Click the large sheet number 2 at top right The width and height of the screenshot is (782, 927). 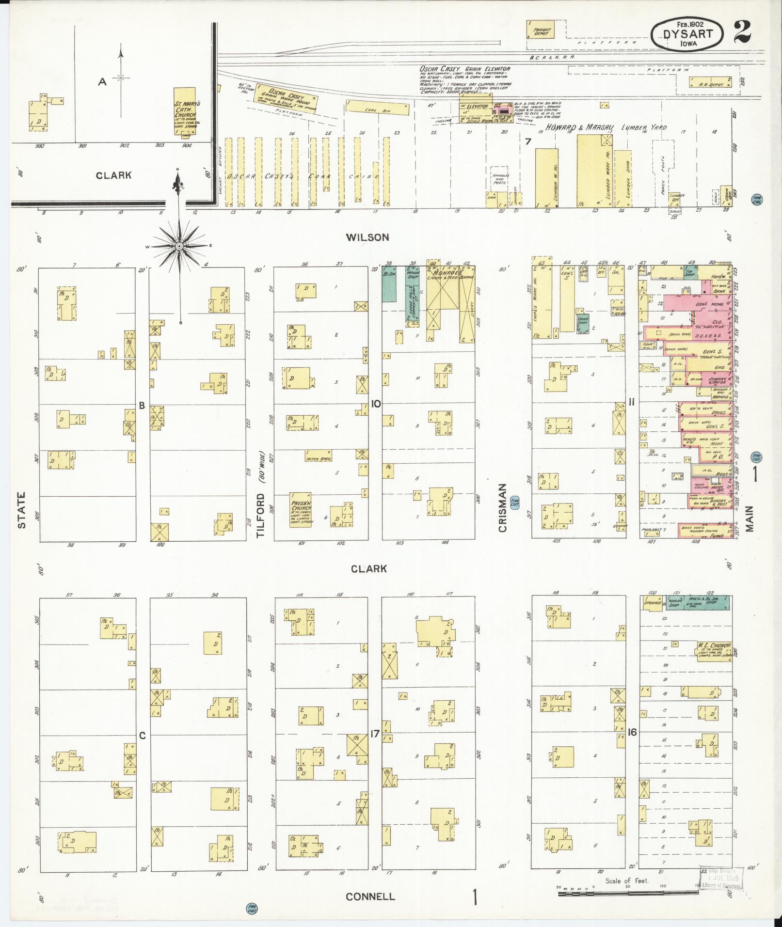click(742, 32)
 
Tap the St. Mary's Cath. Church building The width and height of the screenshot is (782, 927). click(185, 112)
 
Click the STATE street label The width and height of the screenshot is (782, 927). click(21, 510)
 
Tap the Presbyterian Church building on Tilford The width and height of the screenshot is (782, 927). click(301, 509)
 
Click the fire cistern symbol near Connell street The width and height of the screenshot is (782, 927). click(252, 909)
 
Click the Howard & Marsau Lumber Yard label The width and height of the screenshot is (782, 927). click(606, 127)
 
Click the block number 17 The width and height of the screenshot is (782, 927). click(374, 734)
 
